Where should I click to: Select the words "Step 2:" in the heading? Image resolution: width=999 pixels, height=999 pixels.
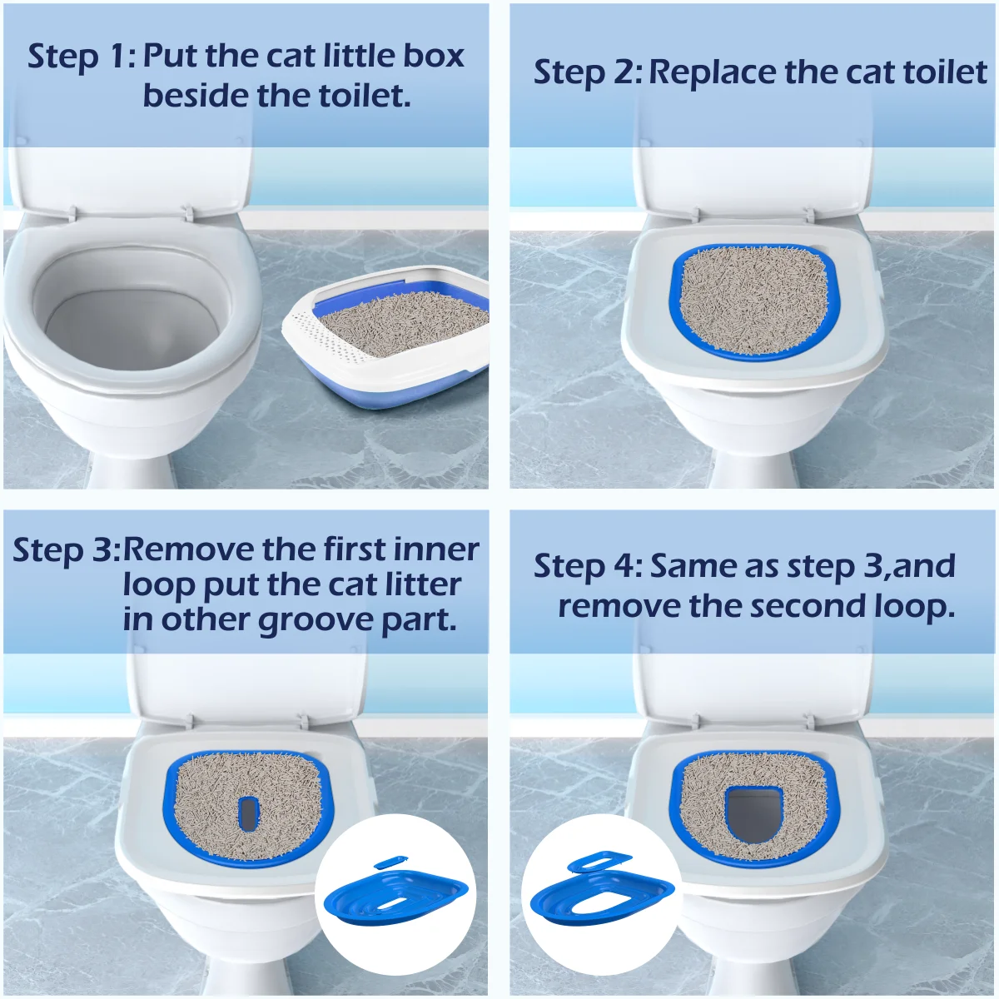pos(588,72)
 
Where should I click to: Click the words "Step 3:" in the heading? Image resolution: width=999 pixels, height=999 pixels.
pos(67,550)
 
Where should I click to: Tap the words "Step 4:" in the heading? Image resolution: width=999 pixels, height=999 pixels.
pos(588,566)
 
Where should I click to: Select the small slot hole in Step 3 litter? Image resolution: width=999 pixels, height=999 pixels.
pos(248,813)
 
